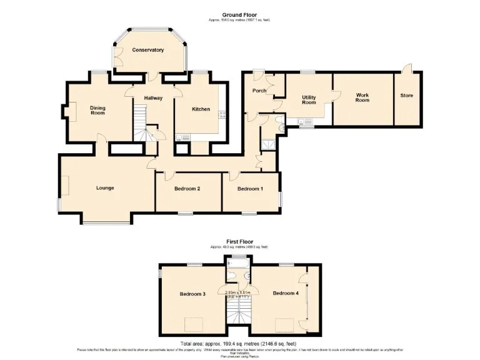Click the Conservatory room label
point(148,50)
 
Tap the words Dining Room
point(97,111)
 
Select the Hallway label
point(153,98)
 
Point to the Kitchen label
point(201,109)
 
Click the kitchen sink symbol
point(182,136)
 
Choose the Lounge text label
point(104,187)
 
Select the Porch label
point(259,91)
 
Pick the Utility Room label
point(309,99)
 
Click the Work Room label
point(362,97)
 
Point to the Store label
point(406,96)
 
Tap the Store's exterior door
point(407,67)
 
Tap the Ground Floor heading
point(239,14)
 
